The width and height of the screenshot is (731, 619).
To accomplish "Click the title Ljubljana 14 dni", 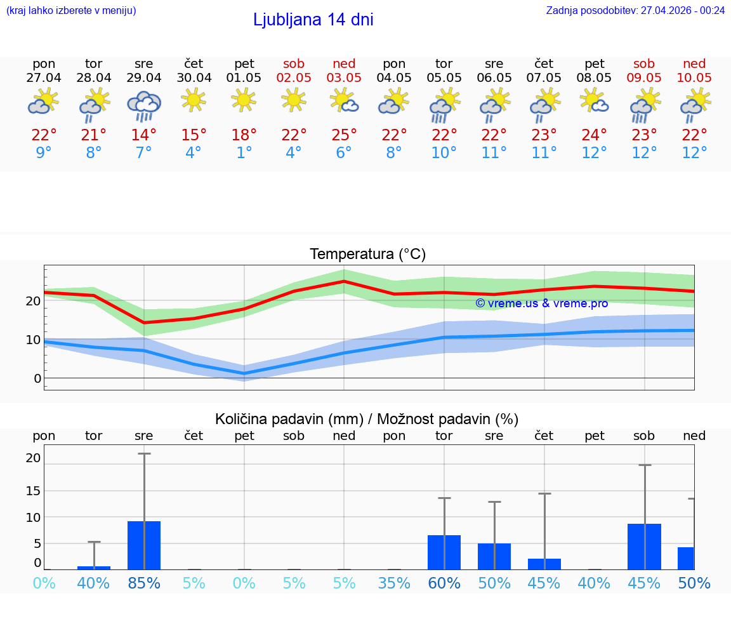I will click(313, 20).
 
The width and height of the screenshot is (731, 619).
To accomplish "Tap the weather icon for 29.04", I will click(144, 104).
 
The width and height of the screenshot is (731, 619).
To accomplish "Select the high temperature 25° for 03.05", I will click(344, 135).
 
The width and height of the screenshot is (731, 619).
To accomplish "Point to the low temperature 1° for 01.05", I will click(244, 153).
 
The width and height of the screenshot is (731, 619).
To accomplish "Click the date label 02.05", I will click(294, 77).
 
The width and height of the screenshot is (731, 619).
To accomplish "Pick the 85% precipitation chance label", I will click(144, 583).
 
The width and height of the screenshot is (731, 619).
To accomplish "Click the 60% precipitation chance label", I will click(444, 583).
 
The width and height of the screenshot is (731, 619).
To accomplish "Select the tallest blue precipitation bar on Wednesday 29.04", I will click(144, 545).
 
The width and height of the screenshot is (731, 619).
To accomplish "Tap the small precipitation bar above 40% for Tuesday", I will click(94, 568).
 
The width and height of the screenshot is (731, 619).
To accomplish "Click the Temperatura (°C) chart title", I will click(367, 255).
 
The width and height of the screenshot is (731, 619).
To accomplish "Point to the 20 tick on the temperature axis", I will click(33, 301).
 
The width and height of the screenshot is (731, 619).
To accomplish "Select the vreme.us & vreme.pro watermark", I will click(541, 303).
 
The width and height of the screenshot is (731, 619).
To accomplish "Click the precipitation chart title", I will click(367, 419).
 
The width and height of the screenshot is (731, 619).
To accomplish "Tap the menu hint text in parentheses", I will click(71, 10).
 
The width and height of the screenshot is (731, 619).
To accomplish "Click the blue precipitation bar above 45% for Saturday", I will click(644, 547).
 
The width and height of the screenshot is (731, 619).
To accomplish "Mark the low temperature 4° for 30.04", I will click(194, 153).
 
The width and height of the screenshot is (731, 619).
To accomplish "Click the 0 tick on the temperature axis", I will click(37, 379).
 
